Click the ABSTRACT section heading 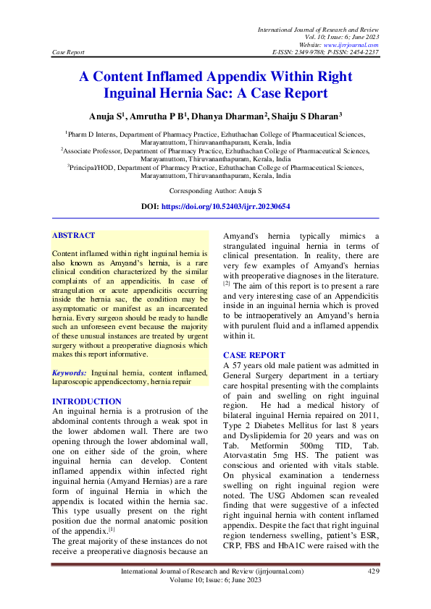(x=74, y=235)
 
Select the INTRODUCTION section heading (x=87, y=401)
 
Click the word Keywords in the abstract (x=70, y=372)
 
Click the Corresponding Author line (x=215, y=191)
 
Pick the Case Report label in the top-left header (x=70, y=53)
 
